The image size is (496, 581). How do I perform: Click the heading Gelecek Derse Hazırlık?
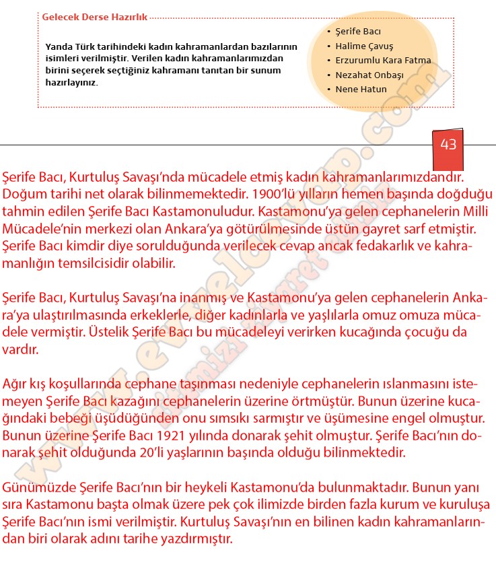pos(94,18)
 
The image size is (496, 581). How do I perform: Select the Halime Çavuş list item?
pos(359,46)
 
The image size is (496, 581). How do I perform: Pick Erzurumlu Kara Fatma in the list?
pos(383,61)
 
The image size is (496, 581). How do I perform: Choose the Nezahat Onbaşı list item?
pos(369,75)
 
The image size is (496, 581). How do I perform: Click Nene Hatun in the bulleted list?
pos(361,90)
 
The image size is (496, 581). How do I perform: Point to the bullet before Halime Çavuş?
pos(328,46)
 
